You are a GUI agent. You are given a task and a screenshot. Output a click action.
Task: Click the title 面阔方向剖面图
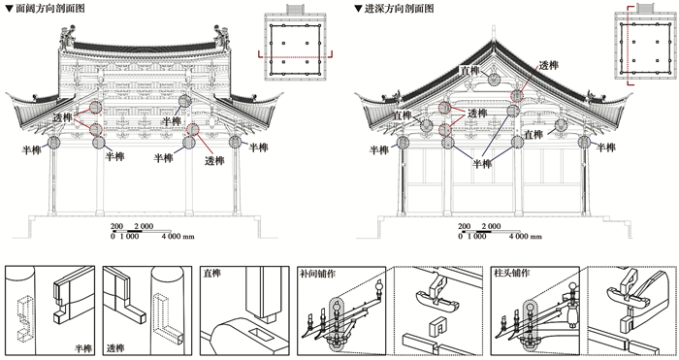(50, 8)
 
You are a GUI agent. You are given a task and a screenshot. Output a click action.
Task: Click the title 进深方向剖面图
(399, 8)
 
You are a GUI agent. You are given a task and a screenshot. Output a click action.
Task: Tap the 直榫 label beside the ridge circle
(469, 70)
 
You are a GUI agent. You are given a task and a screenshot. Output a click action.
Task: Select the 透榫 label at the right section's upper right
(549, 65)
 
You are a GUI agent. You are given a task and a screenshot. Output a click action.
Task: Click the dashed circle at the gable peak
(494, 79)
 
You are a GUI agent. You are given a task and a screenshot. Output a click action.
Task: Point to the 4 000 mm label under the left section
(178, 236)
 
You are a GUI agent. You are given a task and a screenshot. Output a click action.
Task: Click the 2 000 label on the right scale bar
(491, 226)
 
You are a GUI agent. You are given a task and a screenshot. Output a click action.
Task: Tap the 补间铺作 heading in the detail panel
(318, 274)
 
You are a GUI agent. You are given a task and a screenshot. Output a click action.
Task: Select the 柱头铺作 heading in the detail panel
(512, 274)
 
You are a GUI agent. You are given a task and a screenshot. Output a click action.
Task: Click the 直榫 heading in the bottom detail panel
(212, 274)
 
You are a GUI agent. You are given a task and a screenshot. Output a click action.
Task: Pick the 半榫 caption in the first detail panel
(83, 347)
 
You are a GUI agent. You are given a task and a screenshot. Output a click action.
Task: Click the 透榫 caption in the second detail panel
(115, 347)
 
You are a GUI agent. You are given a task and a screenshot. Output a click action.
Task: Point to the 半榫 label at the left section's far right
(259, 147)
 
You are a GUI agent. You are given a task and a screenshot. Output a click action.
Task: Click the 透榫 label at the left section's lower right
(214, 161)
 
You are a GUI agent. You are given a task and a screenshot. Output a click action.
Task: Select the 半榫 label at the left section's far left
(32, 149)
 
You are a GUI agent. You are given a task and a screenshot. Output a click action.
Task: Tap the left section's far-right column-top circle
(235, 142)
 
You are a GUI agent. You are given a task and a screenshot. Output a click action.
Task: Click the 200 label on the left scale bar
(117, 226)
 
